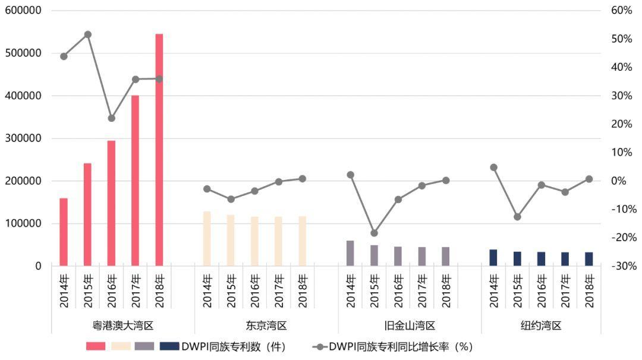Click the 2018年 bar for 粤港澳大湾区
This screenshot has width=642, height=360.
pyautogui.click(x=159, y=150)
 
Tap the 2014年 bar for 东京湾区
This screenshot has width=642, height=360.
pyautogui.click(x=207, y=239)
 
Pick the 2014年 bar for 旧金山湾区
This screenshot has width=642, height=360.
pyautogui.click(x=350, y=253)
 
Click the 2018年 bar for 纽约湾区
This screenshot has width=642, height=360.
pyautogui.click(x=589, y=259)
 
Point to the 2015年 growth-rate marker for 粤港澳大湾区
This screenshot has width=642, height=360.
pyautogui.click(x=87, y=34)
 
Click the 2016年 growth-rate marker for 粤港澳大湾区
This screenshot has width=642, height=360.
pyautogui.click(x=111, y=118)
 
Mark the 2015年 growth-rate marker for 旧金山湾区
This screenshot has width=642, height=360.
pyautogui.click(x=374, y=233)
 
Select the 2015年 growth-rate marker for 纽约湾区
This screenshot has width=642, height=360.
pyautogui.click(x=517, y=217)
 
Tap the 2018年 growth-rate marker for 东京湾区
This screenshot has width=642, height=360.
pyautogui.click(x=302, y=179)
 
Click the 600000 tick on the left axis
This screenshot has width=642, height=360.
pyautogui.click(x=23, y=11)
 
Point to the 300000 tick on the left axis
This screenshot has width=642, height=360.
pyautogui.click(x=23, y=138)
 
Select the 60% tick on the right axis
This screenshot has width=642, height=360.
pyautogui.click(x=621, y=11)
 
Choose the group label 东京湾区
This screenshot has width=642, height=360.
pyautogui.click(x=266, y=326)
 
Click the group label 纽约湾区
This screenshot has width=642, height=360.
pyautogui.click(x=541, y=326)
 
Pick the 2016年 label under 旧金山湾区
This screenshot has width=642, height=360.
pyautogui.click(x=398, y=290)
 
